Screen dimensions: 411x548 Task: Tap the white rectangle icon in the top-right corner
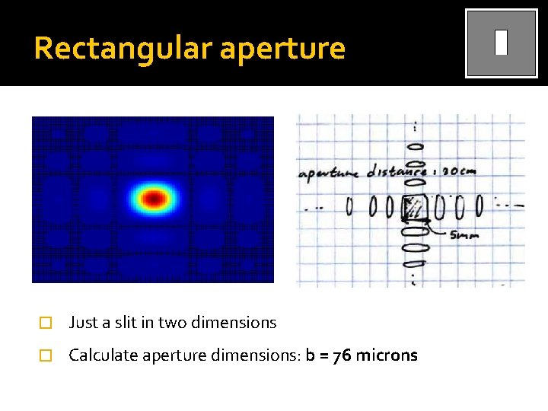coord(501,43)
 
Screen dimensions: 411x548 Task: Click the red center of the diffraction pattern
coord(155,199)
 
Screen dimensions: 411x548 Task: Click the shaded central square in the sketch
coord(416,206)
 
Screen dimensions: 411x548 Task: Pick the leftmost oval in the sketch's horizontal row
coord(350,206)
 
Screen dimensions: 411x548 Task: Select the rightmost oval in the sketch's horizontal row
coord(479,205)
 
